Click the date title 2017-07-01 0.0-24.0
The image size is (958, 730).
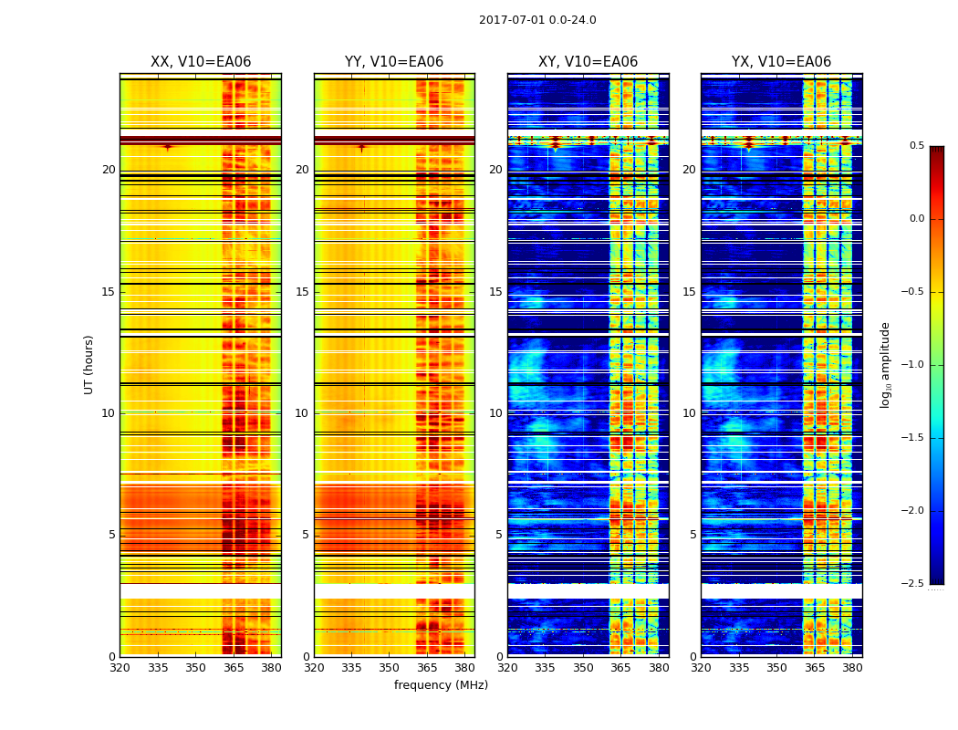pos(537,20)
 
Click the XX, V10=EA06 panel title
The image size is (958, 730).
pos(201,62)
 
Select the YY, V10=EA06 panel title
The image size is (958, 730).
pos(394,62)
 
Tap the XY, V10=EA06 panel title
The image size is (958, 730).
pos(588,62)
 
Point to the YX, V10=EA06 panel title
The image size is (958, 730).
pos(781,62)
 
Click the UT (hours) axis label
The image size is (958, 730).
pos(89,364)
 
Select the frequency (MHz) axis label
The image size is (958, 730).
pos(441,685)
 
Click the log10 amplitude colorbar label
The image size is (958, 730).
pos(885,364)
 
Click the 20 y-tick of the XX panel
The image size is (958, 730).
pos(109,170)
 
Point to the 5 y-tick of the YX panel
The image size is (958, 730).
pos(693,535)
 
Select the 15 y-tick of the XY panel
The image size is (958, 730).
pos(495,292)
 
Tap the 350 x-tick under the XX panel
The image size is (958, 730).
pos(195,668)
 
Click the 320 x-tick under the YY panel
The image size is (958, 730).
pos(314,668)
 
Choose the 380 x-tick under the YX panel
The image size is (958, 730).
pos(852,668)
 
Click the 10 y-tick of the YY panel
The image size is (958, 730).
pos(302,413)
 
